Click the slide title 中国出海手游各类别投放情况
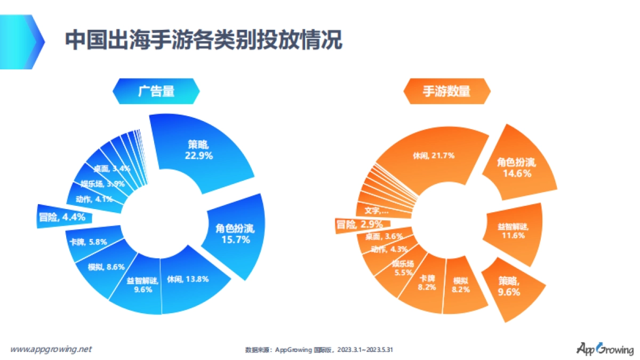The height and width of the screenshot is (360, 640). pos(203,40)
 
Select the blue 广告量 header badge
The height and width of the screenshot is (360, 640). pos(156,91)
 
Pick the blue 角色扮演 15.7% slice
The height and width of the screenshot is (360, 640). pos(235,235)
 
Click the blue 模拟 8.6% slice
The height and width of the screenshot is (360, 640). pos(100,267)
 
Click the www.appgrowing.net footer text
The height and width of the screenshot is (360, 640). pos(51,349)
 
